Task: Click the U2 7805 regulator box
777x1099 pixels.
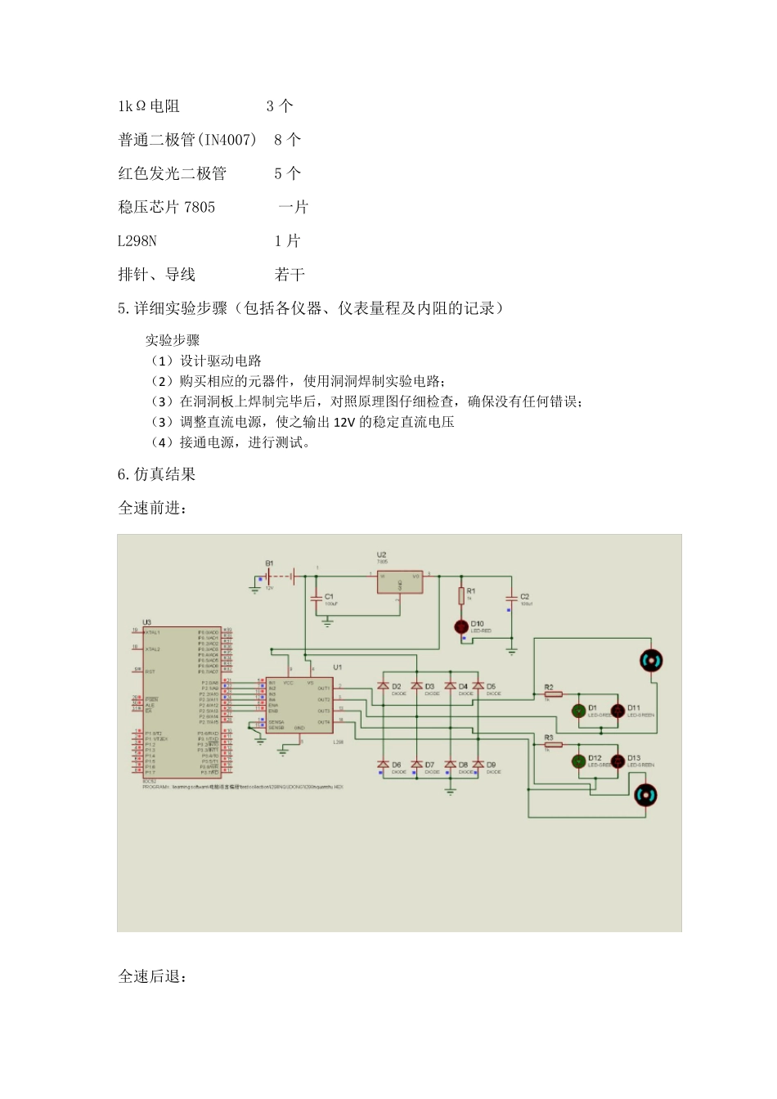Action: tap(399, 582)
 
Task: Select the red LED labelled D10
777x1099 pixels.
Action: tap(461, 626)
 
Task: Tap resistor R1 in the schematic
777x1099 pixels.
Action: tap(461, 595)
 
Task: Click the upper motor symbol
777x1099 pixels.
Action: tap(650, 661)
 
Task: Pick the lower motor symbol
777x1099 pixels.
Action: tap(646, 795)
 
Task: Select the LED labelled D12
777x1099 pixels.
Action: tap(579, 760)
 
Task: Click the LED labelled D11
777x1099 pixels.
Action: tap(618, 711)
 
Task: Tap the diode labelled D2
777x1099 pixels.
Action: tap(382, 687)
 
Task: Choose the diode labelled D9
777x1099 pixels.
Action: tap(478, 765)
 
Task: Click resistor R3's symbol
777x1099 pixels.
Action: tap(553, 745)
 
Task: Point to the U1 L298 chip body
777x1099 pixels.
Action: tap(299, 706)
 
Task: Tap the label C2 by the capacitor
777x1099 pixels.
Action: tap(525, 596)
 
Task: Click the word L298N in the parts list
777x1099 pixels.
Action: tap(137, 240)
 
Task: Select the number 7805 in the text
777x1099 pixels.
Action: tap(200, 207)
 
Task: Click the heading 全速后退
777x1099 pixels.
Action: tap(152, 977)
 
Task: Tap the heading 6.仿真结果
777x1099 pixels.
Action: tap(157, 474)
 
